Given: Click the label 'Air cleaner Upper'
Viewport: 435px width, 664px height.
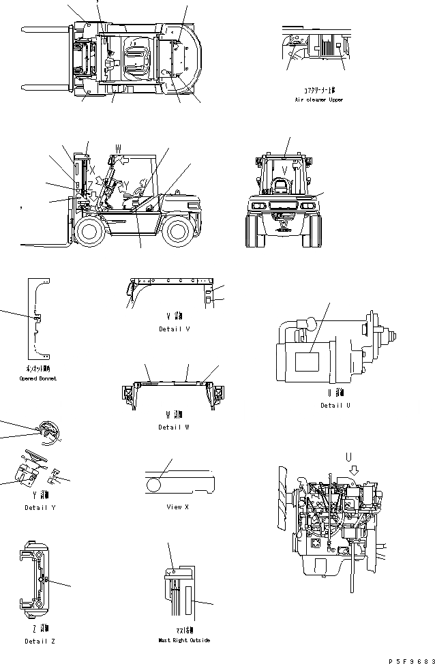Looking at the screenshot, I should [318, 100].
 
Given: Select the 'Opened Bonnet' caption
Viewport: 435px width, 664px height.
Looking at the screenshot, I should [38, 378].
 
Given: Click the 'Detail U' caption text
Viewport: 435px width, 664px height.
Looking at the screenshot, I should [335, 405].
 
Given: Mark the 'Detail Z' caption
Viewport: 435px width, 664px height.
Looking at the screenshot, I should [39, 641].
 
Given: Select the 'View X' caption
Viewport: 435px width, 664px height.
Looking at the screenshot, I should [177, 507].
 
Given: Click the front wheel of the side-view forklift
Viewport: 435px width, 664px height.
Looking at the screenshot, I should [89, 231].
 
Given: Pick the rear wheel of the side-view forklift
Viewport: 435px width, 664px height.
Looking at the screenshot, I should [178, 231].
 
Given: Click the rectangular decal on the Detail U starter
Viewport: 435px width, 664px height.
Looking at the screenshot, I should [309, 361].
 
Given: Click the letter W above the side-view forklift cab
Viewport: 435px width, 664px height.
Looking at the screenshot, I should [118, 147].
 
